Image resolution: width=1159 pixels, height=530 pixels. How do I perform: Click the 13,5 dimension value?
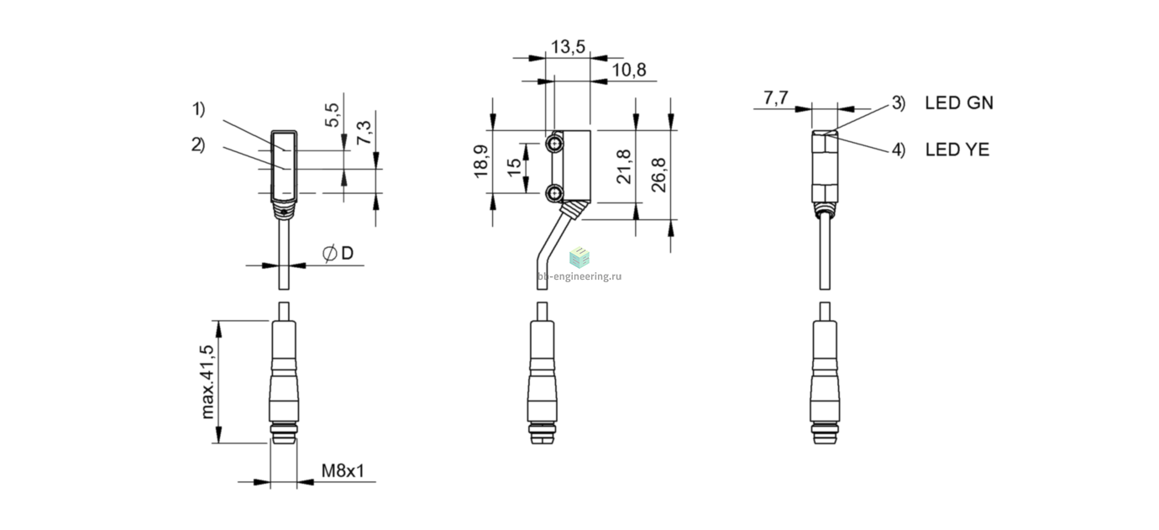click(568, 47)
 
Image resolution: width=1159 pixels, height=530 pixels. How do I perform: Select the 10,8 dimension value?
click(629, 70)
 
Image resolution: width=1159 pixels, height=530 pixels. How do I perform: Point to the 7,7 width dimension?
click(775, 97)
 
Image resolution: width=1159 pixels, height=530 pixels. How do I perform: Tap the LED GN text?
click(959, 103)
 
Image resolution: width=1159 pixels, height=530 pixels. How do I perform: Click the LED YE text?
click(957, 150)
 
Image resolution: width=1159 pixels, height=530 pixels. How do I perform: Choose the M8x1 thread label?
click(343, 470)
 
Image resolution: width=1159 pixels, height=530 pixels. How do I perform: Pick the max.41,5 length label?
click(207, 382)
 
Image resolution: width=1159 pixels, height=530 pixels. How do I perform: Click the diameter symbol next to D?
click(329, 253)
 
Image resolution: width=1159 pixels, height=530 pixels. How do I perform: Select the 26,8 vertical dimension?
click(658, 175)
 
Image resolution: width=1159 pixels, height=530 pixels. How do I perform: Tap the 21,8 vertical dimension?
click(624, 166)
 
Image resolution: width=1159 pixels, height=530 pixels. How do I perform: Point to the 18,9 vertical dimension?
click(481, 161)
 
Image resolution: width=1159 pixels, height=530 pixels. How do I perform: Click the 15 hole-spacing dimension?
click(514, 166)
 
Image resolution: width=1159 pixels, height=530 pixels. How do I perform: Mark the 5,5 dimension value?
click(332, 115)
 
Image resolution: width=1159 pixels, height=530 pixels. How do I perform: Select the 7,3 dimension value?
click(364, 133)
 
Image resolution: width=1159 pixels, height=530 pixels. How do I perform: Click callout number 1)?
click(199, 109)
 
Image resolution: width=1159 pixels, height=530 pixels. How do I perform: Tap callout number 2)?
click(198, 145)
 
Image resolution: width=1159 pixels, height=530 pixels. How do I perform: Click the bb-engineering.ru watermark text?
click(579, 276)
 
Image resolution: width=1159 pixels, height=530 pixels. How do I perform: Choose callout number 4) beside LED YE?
click(899, 150)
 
